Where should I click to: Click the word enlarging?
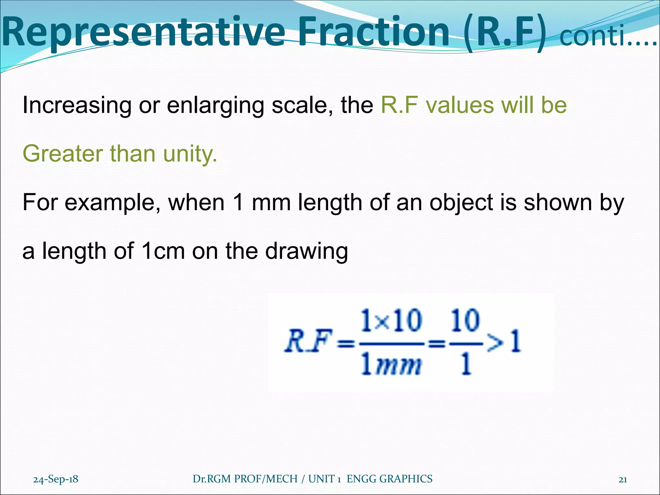(216, 106)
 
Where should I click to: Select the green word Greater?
(63, 154)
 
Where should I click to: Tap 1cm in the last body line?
(163, 251)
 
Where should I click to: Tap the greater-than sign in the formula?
(496, 344)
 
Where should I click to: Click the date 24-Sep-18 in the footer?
(56, 479)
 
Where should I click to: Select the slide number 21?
(623, 480)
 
